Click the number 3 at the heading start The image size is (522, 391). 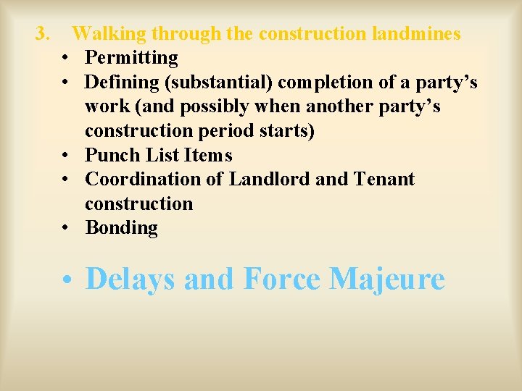[x=43, y=33]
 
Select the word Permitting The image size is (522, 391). [x=131, y=57]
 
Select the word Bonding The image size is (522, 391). [x=122, y=228]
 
